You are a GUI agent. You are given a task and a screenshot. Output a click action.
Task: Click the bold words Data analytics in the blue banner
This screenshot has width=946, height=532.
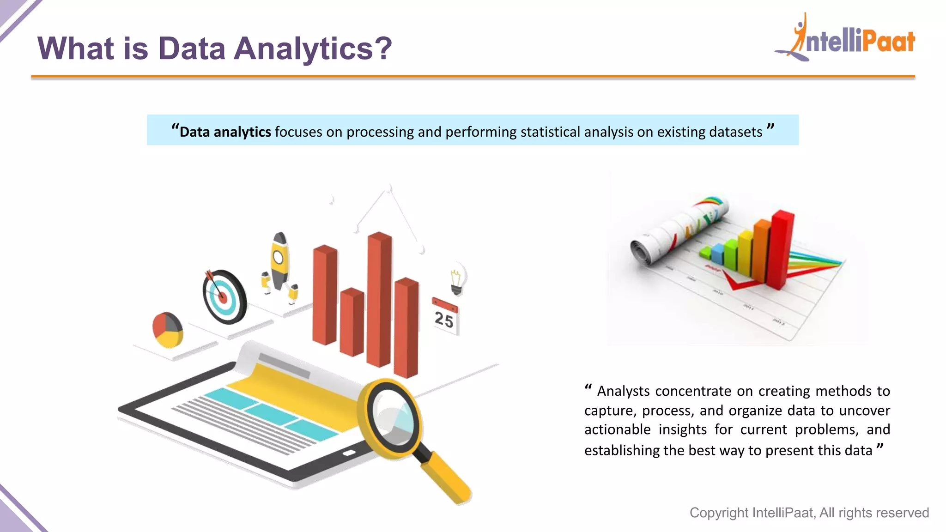pyautogui.click(x=225, y=132)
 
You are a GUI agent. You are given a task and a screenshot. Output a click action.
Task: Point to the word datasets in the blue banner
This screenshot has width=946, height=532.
pyautogui.click(x=735, y=132)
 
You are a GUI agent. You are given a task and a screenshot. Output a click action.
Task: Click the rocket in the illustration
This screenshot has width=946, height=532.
pyautogui.click(x=279, y=261)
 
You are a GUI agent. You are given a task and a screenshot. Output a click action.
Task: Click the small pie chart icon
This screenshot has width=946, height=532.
pyautogui.click(x=168, y=329)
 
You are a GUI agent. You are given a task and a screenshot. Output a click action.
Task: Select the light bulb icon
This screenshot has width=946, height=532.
pyautogui.click(x=457, y=280)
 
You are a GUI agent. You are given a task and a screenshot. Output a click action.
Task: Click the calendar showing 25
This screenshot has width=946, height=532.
pyautogui.click(x=445, y=317)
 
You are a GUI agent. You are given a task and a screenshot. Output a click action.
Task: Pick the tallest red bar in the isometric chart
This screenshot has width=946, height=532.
pyautogui.click(x=379, y=300)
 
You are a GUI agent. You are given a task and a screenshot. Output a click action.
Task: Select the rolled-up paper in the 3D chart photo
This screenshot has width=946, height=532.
pyautogui.click(x=679, y=231)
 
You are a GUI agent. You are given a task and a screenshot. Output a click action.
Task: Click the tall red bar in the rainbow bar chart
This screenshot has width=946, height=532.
pyautogui.click(x=781, y=249)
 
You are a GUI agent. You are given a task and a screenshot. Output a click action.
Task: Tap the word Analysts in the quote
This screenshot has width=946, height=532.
pyautogui.click(x=623, y=391)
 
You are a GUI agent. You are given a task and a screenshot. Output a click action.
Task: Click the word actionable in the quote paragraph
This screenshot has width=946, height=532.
pyautogui.click(x=617, y=429)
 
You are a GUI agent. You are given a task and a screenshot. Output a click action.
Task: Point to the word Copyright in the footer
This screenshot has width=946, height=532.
pyautogui.click(x=719, y=513)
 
